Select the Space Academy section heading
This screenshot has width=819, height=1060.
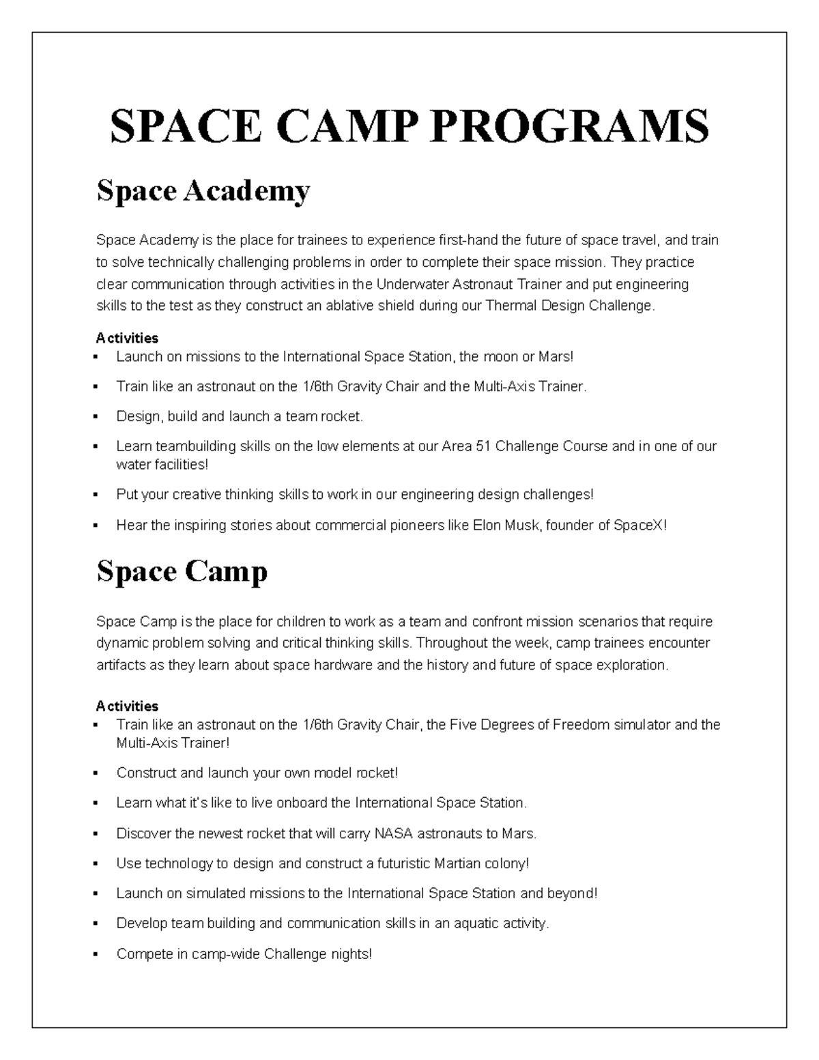pyautogui.click(x=203, y=191)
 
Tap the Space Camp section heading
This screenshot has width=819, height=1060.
pyautogui.click(x=182, y=571)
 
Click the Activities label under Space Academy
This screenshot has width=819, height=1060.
pyautogui.click(x=127, y=338)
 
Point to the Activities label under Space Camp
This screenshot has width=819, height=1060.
pyautogui.click(x=127, y=706)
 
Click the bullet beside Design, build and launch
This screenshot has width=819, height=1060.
pyautogui.click(x=100, y=416)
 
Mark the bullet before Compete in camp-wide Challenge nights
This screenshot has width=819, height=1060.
pyautogui.click(x=100, y=954)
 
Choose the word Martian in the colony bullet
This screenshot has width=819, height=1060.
pyautogui.click(x=457, y=863)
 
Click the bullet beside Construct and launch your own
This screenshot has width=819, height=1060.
pyautogui.click(x=100, y=773)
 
